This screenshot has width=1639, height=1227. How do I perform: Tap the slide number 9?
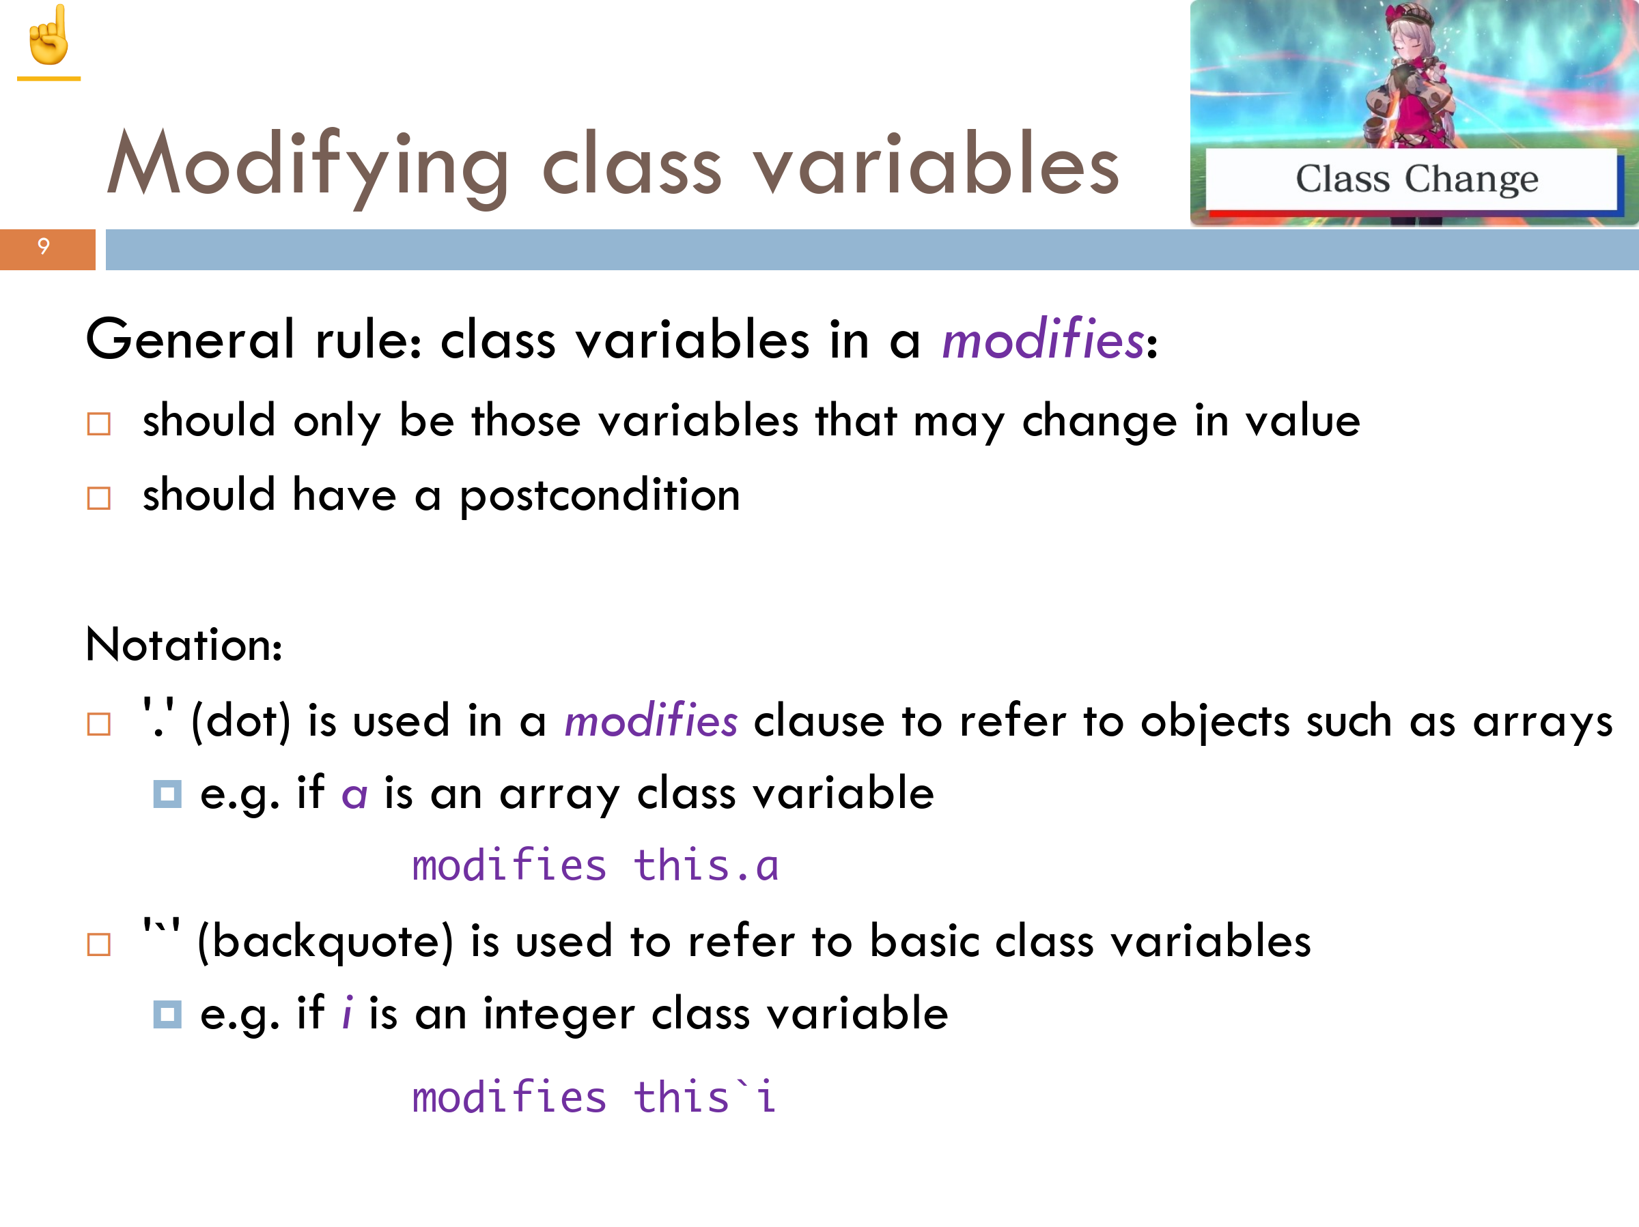44,246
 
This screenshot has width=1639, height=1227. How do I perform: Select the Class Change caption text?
1417,180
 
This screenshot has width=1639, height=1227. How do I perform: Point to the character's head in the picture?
1411,33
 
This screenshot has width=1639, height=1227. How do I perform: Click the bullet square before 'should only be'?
98,424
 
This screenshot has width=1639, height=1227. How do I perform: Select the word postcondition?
600,495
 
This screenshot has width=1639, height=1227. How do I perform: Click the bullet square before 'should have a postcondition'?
98,498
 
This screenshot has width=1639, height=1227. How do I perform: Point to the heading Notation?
184,644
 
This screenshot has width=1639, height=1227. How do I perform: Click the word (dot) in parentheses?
241,721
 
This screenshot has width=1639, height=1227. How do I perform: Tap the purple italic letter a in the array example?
354,796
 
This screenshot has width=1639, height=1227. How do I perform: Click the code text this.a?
706,865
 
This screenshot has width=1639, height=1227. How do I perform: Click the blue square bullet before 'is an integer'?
167,1015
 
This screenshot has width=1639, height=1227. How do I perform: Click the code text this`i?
705,1097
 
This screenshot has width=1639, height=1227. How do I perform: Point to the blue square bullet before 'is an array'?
167,794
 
